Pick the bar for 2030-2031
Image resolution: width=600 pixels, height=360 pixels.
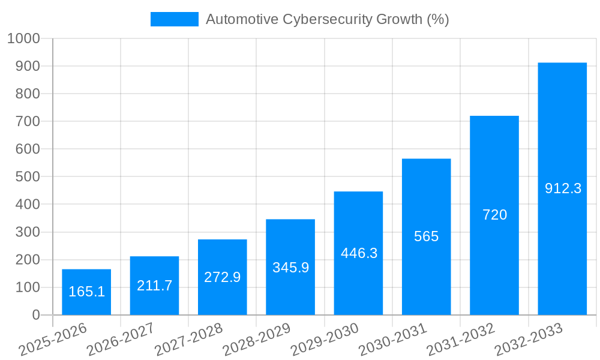(x=426, y=276)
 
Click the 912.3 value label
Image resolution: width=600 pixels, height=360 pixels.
(x=563, y=188)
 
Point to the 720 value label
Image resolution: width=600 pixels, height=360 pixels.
(x=494, y=215)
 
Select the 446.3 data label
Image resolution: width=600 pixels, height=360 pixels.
(x=359, y=253)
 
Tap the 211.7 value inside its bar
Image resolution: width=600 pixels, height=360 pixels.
(x=154, y=286)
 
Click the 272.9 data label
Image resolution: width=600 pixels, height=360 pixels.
(x=222, y=277)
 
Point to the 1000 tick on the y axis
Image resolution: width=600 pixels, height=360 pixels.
(x=23, y=38)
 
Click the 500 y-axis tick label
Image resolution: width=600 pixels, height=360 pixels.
(x=27, y=177)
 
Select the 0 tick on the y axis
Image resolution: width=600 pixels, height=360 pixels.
(x=35, y=315)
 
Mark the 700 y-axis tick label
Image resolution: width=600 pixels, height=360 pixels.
(x=27, y=121)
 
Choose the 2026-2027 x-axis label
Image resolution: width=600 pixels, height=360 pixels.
(x=120, y=340)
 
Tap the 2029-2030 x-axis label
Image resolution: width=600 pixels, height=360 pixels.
(x=325, y=340)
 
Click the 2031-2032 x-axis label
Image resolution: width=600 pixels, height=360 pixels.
(x=461, y=340)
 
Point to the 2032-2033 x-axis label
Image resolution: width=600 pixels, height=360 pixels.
(x=529, y=340)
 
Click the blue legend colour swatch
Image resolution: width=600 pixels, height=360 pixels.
(x=174, y=19)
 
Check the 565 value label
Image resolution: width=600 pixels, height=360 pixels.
(x=426, y=236)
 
